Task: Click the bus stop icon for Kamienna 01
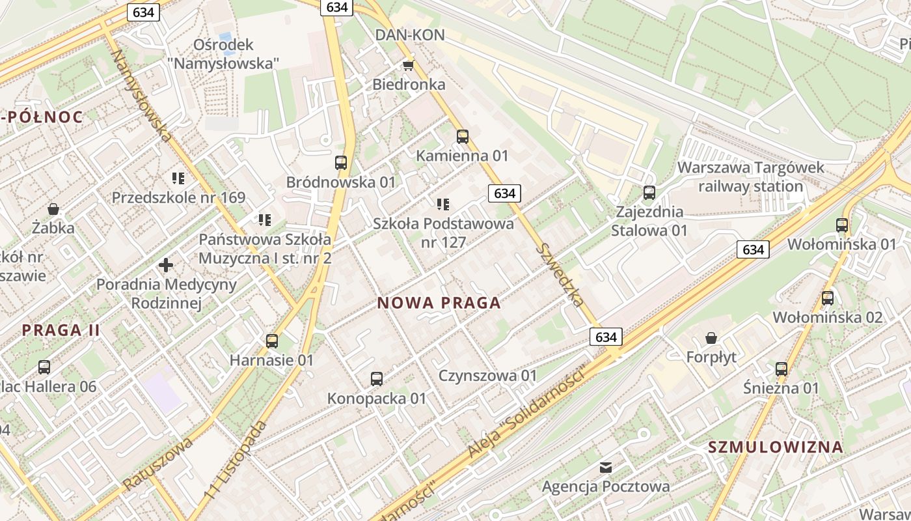(463, 137)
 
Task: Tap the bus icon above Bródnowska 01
(341, 163)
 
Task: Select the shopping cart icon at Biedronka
(409, 65)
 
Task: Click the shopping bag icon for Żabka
(53, 209)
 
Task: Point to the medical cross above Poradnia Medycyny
(166, 265)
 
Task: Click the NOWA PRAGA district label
(439, 303)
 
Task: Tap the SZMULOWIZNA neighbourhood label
(776, 447)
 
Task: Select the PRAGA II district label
(61, 330)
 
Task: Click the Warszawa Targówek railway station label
(750, 177)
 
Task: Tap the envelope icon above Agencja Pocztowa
(606, 467)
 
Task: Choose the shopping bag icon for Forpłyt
(711, 338)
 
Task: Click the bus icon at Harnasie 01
(272, 341)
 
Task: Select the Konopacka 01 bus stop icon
(376, 378)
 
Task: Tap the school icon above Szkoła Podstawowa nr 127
(443, 204)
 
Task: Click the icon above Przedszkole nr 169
(178, 178)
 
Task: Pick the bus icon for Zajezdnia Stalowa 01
(649, 193)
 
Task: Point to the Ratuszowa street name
(158, 464)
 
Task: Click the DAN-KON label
(410, 35)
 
